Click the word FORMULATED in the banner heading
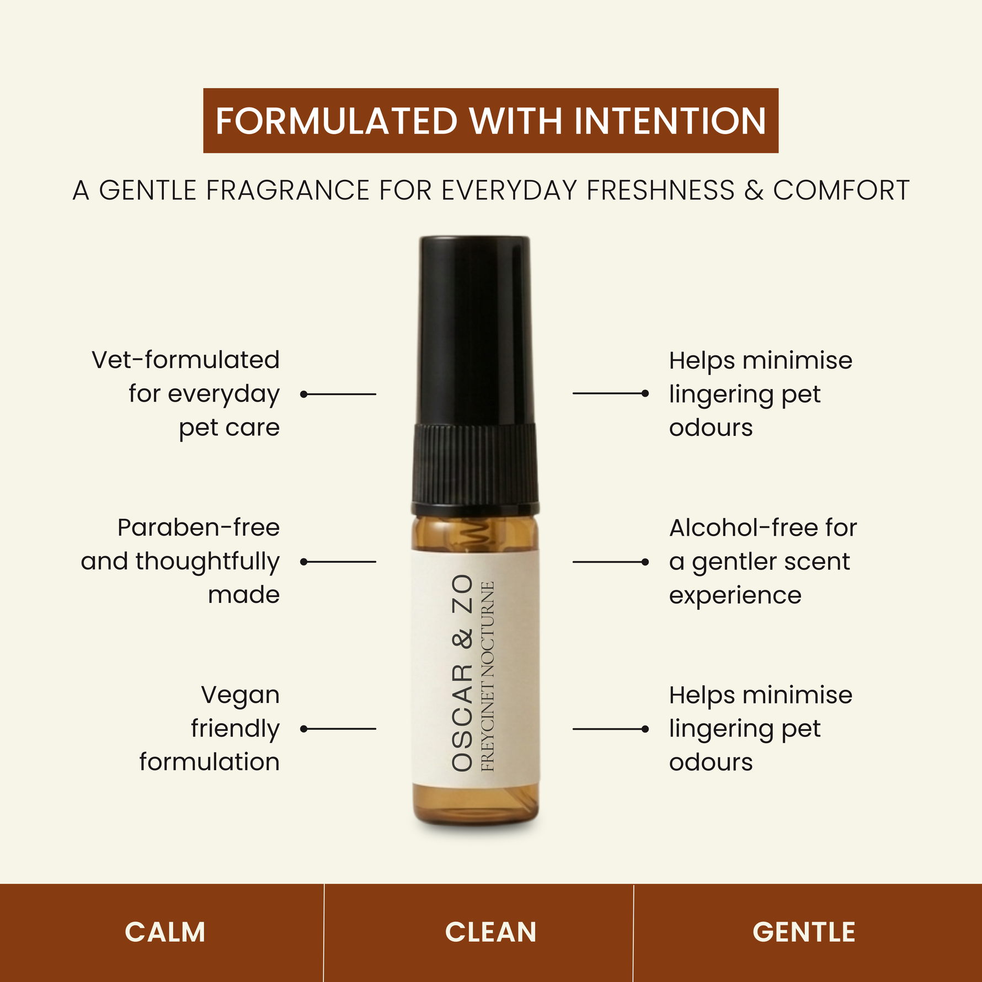tap(337, 121)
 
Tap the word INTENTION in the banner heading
tap(670, 121)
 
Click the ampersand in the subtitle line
tap(754, 190)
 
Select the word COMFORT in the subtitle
tap(841, 190)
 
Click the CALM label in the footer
tap(165, 932)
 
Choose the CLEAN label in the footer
tap(490, 932)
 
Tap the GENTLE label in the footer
tap(804, 932)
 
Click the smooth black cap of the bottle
tap(475, 331)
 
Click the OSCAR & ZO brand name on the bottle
tap(462, 673)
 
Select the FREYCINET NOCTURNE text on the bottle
tap(488, 676)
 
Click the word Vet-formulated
tap(186, 360)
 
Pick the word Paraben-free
tap(199, 527)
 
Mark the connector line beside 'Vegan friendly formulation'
tap(338, 729)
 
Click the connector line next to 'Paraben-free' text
tap(338, 562)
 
